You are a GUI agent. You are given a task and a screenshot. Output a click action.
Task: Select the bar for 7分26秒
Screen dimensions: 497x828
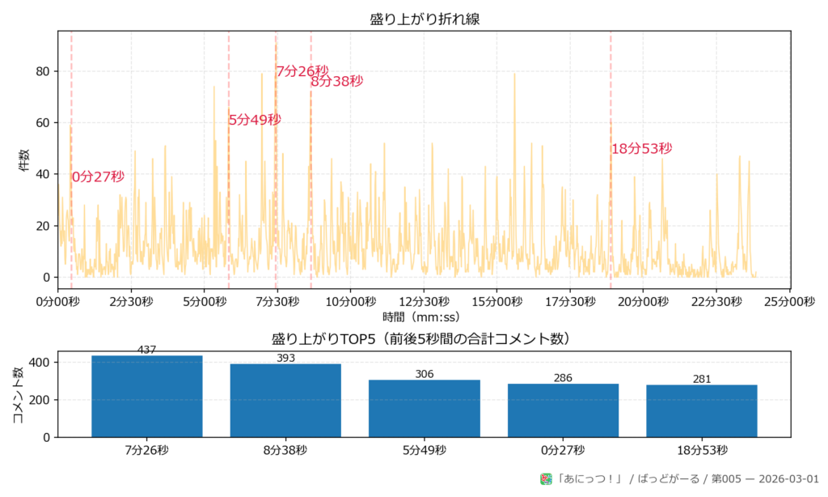click(x=147, y=396)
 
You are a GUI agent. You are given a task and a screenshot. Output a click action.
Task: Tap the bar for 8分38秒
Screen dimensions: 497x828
click(x=285, y=400)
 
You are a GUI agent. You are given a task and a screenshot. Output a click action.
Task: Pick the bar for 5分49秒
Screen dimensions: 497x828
click(x=425, y=408)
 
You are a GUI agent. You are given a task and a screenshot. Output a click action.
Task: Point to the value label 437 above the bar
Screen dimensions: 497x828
click(x=147, y=350)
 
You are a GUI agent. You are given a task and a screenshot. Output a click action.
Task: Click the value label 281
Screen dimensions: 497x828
click(x=702, y=380)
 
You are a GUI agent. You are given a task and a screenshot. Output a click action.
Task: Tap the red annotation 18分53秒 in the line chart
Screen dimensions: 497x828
click(x=642, y=149)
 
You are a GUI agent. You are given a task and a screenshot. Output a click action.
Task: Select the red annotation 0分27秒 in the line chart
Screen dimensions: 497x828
click(x=98, y=176)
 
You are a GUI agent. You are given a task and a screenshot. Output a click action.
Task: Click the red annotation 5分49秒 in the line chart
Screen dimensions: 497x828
click(x=255, y=120)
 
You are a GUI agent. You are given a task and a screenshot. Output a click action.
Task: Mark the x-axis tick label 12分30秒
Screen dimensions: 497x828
click(x=425, y=301)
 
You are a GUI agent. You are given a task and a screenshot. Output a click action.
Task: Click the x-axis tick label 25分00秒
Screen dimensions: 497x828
click(x=790, y=301)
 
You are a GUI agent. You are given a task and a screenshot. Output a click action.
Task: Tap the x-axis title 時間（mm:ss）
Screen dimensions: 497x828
click(x=425, y=316)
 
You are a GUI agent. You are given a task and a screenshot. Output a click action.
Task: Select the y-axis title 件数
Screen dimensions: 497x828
click(x=24, y=160)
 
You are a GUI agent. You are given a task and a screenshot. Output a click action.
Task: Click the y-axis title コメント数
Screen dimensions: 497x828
click(x=18, y=396)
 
